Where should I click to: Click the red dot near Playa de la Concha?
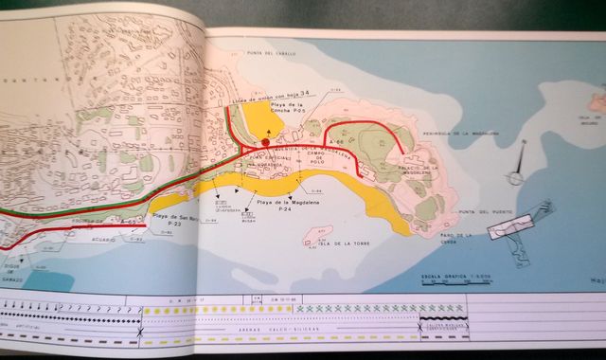(266, 142)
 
